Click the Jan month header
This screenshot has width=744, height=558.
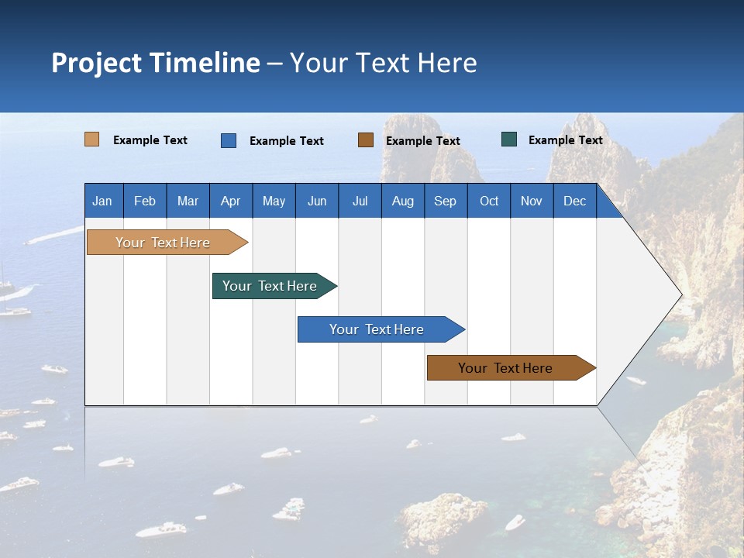pos(102,201)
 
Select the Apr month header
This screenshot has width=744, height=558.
pos(231,201)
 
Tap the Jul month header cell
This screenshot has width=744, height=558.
pos(360,201)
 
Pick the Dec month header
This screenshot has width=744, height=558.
pos(575,201)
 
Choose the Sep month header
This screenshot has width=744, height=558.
pos(446,201)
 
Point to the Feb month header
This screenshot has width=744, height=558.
pos(145,201)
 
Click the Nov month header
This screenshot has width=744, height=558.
pos(532,201)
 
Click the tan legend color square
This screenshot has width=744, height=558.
pos(92,139)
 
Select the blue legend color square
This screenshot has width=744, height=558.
pos(229,140)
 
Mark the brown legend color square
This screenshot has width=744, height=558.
pos(366,140)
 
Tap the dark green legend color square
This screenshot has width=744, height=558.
pos(509,139)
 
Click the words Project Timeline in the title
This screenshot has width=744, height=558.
pos(156,62)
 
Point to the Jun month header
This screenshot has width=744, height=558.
pos(317,201)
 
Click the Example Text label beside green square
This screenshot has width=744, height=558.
pos(565,139)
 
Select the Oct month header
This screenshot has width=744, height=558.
pos(489,201)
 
